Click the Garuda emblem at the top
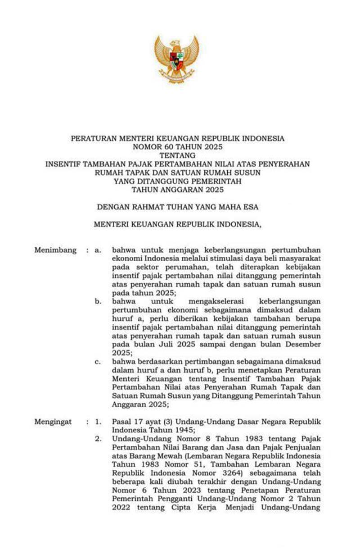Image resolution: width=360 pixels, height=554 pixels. [177, 59]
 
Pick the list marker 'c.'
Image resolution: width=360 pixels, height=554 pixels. [98, 362]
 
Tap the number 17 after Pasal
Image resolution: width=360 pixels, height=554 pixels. [135, 422]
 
